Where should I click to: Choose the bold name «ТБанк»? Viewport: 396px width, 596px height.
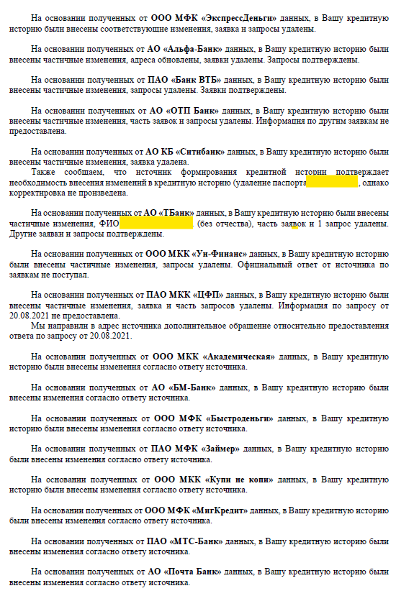pyautogui.click(x=177, y=214)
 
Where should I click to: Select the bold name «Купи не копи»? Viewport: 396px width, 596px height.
pyautogui.click(x=240, y=479)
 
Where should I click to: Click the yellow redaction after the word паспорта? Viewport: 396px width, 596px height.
pyautogui.click(x=331, y=183)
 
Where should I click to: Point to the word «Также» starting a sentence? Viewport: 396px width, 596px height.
pyautogui.click(x=45, y=173)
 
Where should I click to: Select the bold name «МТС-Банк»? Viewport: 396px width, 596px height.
pyautogui.click(x=197, y=540)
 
